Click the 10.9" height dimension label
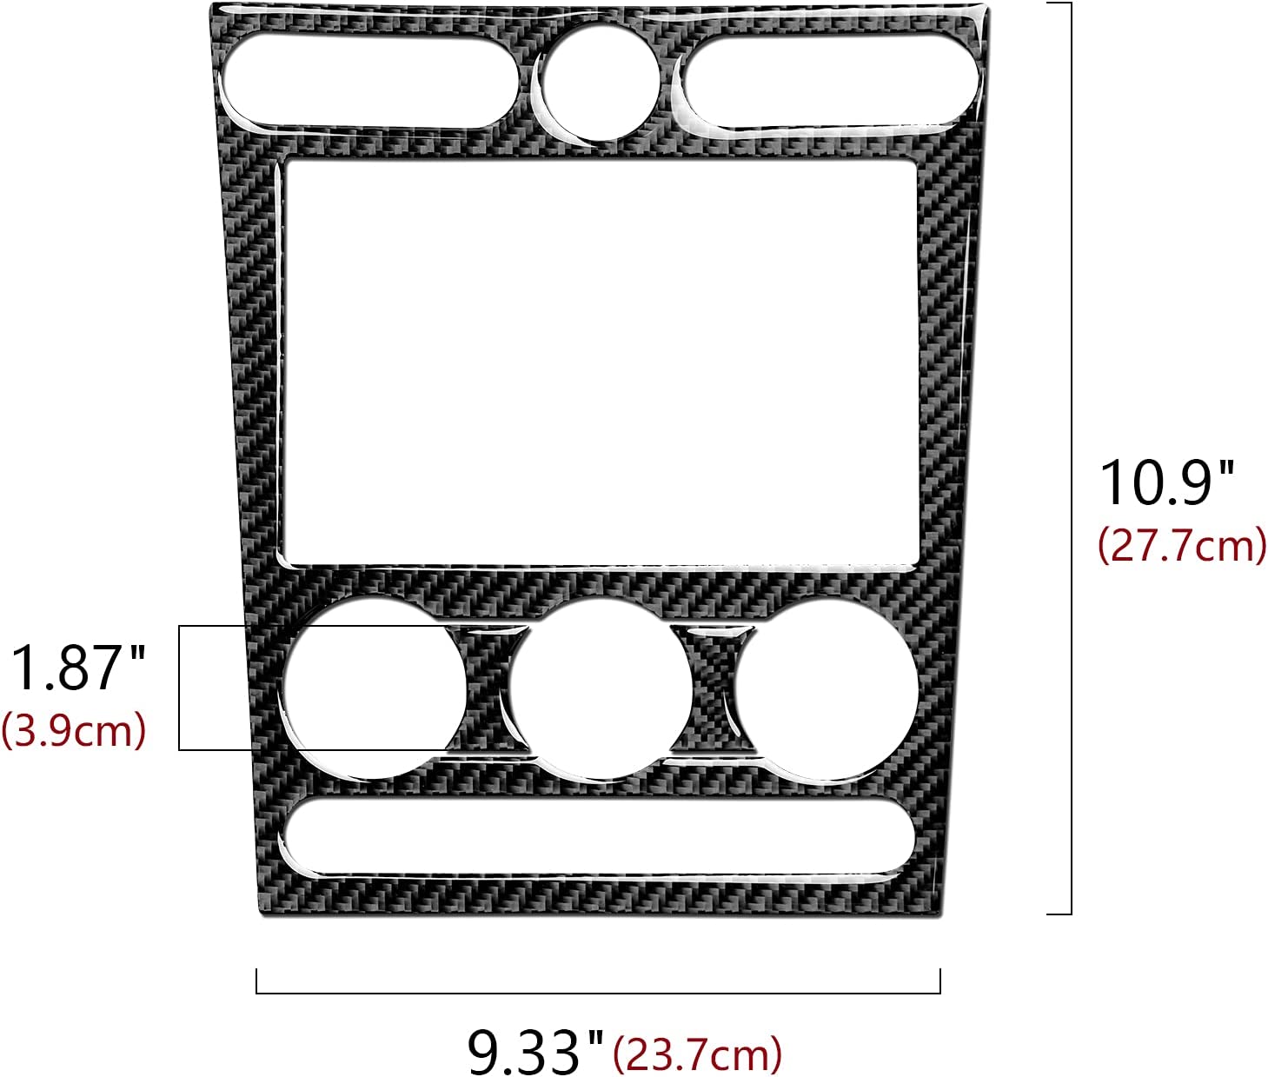coord(1165,482)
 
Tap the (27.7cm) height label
coord(1181,546)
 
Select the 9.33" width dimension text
coord(534,1051)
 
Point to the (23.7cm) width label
coord(697,1054)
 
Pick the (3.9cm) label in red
coord(74,730)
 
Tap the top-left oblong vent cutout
coord(370,80)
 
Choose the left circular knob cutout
coord(374,687)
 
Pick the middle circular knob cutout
coord(600,687)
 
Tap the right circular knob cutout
coord(827,687)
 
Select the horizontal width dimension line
coord(598,992)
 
